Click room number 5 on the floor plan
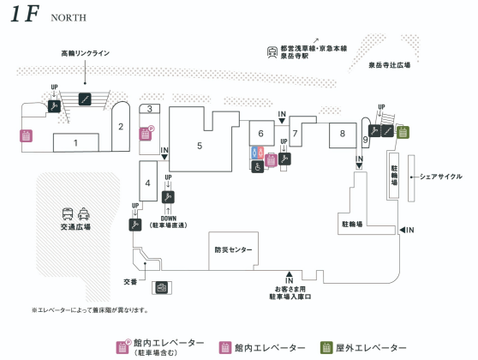click(x=200, y=146)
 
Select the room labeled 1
click(x=76, y=142)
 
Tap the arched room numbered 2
click(x=121, y=127)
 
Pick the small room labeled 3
click(x=149, y=109)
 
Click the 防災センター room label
click(x=233, y=250)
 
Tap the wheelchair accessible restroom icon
click(x=258, y=167)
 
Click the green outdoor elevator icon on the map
click(x=403, y=132)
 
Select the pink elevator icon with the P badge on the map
click(x=146, y=134)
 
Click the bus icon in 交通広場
click(x=68, y=214)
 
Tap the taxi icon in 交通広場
click(x=84, y=214)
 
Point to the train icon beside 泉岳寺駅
click(x=272, y=52)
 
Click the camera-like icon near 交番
click(x=162, y=287)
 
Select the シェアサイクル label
click(x=441, y=177)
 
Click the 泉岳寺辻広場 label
click(x=389, y=65)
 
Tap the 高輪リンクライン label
click(x=86, y=53)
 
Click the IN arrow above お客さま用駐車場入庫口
click(x=290, y=273)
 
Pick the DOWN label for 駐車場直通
click(x=169, y=219)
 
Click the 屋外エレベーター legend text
click(x=371, y=348)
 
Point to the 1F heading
click(x=25, y=14)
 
